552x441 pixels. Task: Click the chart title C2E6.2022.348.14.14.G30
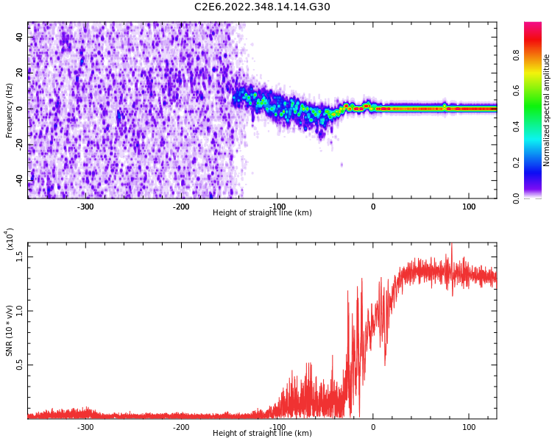(x=262, y=7)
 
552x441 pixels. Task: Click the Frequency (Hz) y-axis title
(x=10, y=110)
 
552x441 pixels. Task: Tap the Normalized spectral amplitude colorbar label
(x=547, y=110)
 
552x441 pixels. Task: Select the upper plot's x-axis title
(x=262, y=213)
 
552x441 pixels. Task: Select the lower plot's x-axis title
(x=262, y=434)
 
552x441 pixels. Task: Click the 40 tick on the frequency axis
(x=20, y=37)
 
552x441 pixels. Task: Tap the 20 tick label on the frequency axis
(x=20, y=73)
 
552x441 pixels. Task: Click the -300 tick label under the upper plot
(x=85, y=207)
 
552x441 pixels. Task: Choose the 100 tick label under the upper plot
(x=469, y=207)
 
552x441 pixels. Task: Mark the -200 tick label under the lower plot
(x=181, y=427)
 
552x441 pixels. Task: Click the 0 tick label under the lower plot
(x=373, y=427)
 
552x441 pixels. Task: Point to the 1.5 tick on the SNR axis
(x=20, y=256)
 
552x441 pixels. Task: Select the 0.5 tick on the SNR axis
(x=20, y=365)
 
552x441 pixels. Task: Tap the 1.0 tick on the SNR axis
(x=20, y=310)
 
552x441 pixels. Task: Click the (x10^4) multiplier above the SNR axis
(x=10, y=239)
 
